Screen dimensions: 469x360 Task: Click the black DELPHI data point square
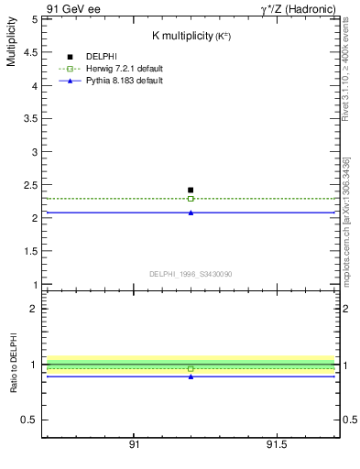pos(191,190)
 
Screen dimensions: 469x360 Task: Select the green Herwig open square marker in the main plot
pos(191,198)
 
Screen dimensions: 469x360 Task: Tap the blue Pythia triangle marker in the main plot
pos(191,213)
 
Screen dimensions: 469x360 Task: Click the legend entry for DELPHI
pos(102,57)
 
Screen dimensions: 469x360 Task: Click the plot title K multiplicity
pos(190,36)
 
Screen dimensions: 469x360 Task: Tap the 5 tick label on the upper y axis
pos(34,19)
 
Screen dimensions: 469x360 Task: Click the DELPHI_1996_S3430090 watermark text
pos(190,274)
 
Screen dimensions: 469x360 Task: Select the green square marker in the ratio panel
pos(191,368)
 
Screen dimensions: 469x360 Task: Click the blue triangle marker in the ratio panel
pos(191,376)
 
